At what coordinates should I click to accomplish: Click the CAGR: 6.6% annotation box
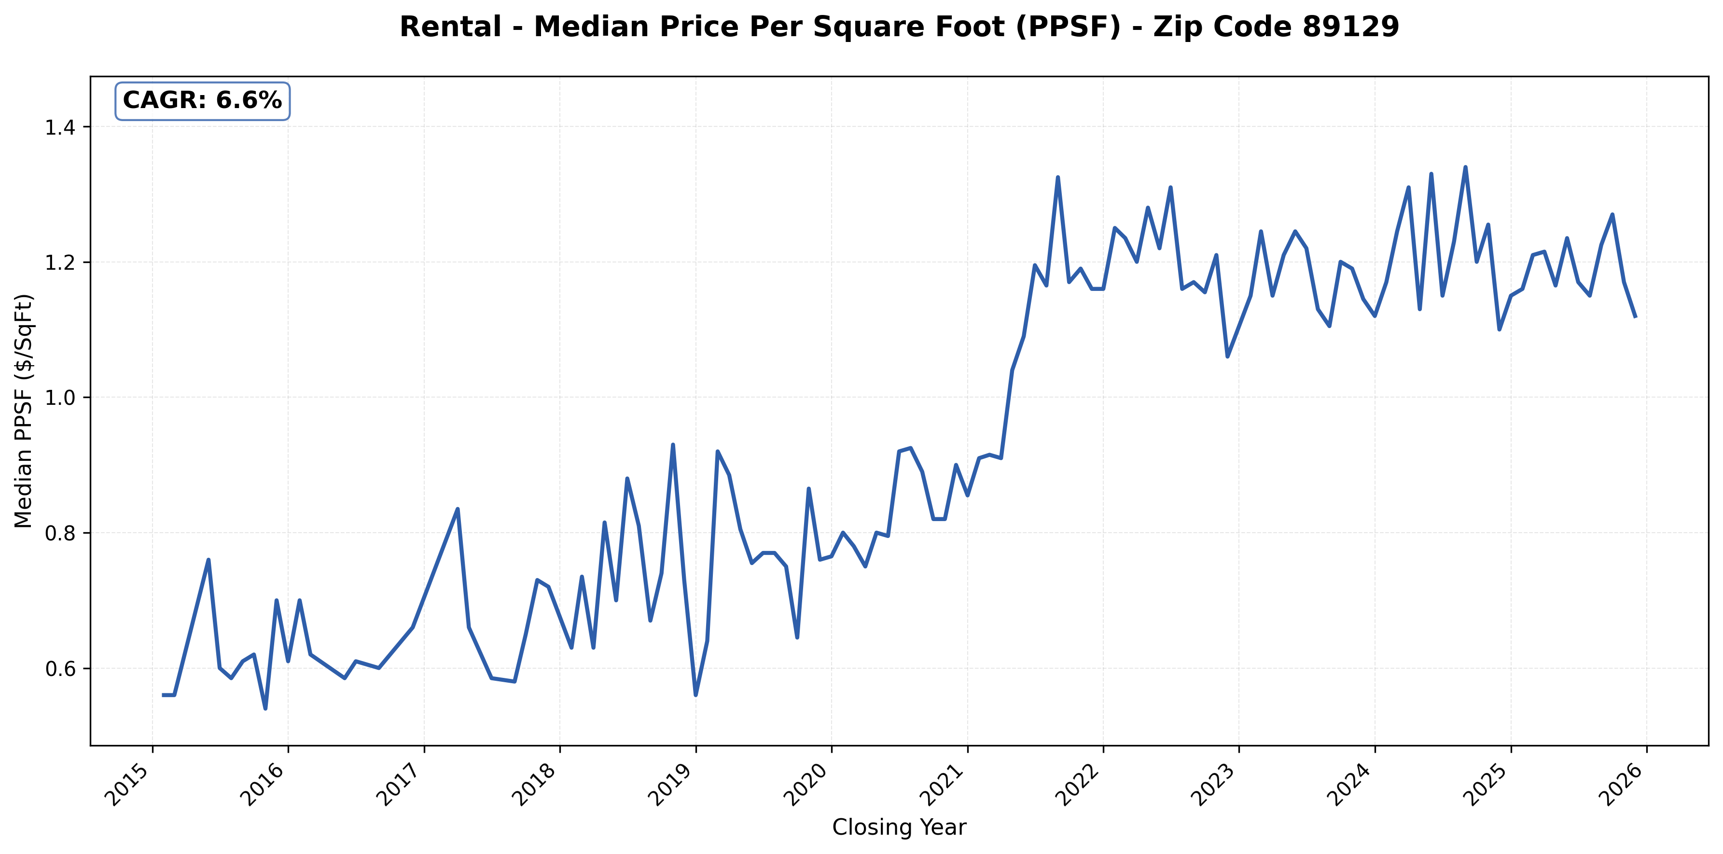click(202, 101)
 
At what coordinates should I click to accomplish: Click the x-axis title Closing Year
click(899, 828)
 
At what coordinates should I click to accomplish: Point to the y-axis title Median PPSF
click(24, 411)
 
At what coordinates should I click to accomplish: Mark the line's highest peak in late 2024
click(1465, 167)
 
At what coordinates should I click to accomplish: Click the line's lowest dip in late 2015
click(265, 708)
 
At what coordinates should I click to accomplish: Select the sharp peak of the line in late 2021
click(1057, 177)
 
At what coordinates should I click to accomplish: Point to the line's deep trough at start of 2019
click(695, 695)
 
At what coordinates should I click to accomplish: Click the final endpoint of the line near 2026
click(1635, 317)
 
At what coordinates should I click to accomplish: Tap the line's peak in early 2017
click(458, 509)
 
